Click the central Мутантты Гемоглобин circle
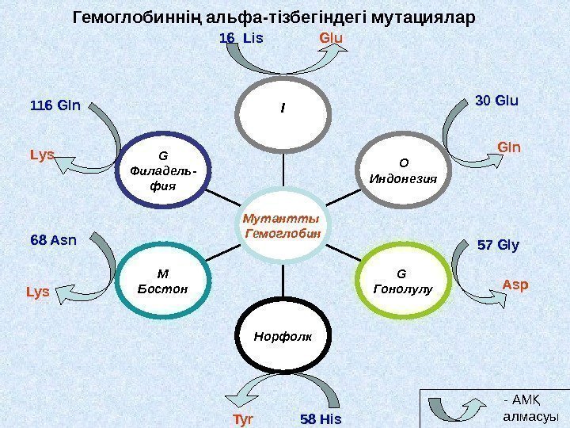click(x=284, y=227)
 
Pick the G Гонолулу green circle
click(x=402, y=281)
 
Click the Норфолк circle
click(x=283, y=336)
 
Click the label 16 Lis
click(x=241, y=37)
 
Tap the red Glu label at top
click(x=330, y=37)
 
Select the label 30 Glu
click(x=496, y=101)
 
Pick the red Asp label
click(x=515, y=284)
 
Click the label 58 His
click(x=320, y=418)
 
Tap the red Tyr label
click(x=242, y=418)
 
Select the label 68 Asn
click(x=53, y=237)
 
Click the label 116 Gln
click(x=55, y=105)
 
